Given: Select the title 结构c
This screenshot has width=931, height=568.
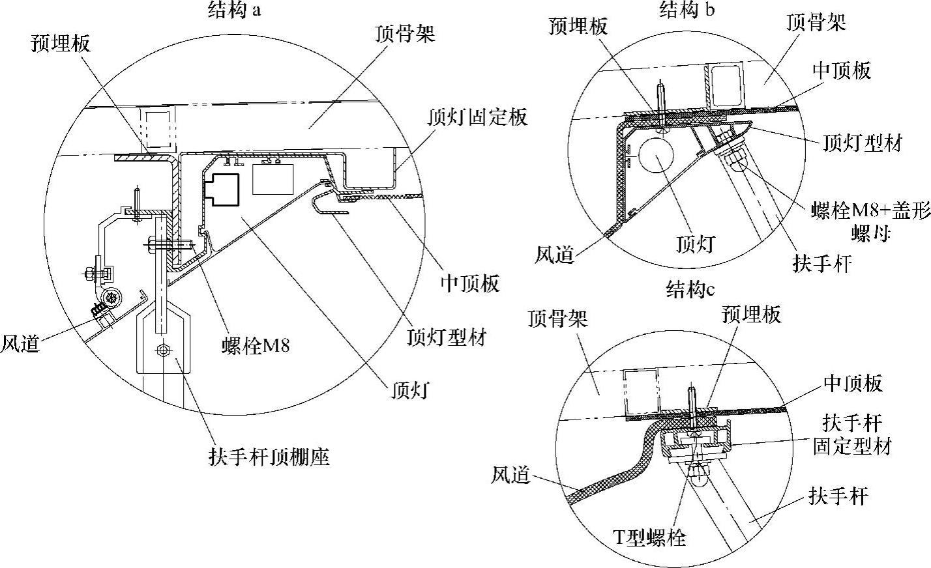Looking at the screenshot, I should [x=686, y=289].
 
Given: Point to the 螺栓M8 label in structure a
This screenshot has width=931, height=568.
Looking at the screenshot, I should [x=255, y=345].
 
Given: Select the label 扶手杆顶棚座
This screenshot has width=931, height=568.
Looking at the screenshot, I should [x=269, y=456].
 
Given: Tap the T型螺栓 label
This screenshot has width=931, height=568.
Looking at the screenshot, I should [x=649, y=537].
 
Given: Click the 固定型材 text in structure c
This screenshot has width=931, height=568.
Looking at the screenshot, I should [x=851, y=447].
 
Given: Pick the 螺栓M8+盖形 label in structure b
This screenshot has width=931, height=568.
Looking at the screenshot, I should [x=870, y=212].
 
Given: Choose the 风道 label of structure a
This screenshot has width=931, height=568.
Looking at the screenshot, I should [x=20, y=343].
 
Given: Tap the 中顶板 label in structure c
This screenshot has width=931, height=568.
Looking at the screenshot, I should [x=853, y=383].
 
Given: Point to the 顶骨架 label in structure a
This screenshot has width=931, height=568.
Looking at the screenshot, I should [x=405, y=33].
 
